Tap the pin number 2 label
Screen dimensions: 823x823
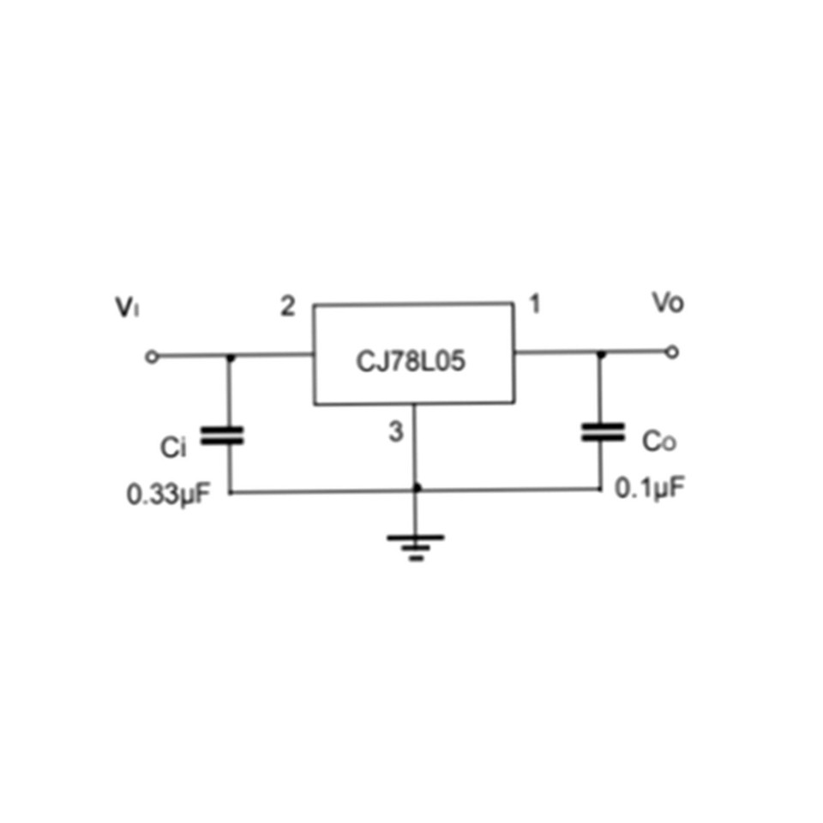tap(288, 306)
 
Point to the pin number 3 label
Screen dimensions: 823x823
tap(394, 432)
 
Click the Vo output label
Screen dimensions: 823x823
tap(668, 303)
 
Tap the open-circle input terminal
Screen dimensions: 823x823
tap(152, 357)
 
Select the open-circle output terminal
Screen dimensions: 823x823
tap(672, 351)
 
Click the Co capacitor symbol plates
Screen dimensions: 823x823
tap(602, 431)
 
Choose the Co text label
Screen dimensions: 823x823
tap(660, 442)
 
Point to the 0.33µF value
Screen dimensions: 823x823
tap(168, 495)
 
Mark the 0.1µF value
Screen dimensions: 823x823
tap(650, 489)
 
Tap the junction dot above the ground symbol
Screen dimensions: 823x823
tap(417, 489)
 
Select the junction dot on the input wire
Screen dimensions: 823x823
tap(229, 357)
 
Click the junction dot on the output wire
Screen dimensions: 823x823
tap(600, 352)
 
